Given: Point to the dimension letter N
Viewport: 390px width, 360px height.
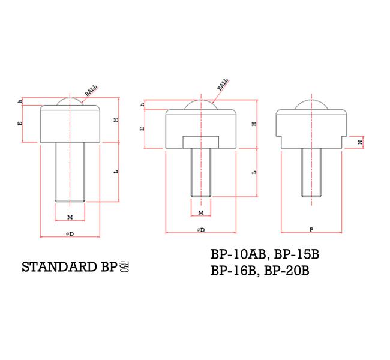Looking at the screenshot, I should coord(359,142).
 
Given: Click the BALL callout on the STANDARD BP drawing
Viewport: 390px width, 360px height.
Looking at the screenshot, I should coord(91,91).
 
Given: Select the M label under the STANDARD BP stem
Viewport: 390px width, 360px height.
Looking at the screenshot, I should coord(70,216).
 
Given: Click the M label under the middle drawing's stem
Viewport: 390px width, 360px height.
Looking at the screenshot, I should coord(200,212).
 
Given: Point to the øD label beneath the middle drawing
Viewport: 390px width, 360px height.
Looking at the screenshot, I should coord(200,229).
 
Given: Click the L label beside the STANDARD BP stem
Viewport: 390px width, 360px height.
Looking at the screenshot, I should coord(115,172).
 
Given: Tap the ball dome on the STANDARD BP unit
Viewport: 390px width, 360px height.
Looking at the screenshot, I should coord(70,102).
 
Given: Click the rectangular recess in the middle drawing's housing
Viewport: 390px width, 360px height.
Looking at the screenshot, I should coord(200,142).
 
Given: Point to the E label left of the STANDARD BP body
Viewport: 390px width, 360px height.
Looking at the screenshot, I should coord(21,124).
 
